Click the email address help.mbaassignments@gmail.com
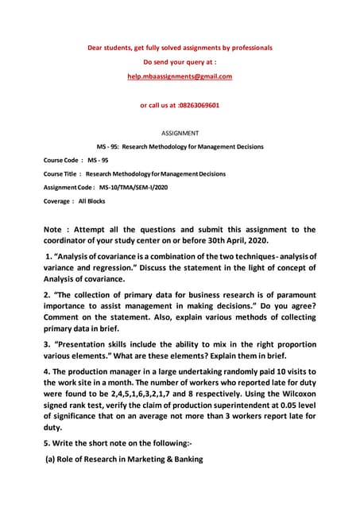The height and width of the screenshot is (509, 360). coord(180,76)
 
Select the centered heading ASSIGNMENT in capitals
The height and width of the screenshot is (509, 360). coord(180,133)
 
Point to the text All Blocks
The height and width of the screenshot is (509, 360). coord(91,201)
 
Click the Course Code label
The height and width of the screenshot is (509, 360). coord(63,160)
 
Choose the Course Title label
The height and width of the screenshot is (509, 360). coord(62,173)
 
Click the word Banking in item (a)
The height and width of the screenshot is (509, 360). coord(180,459)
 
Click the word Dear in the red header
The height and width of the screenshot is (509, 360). coord(95,48)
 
